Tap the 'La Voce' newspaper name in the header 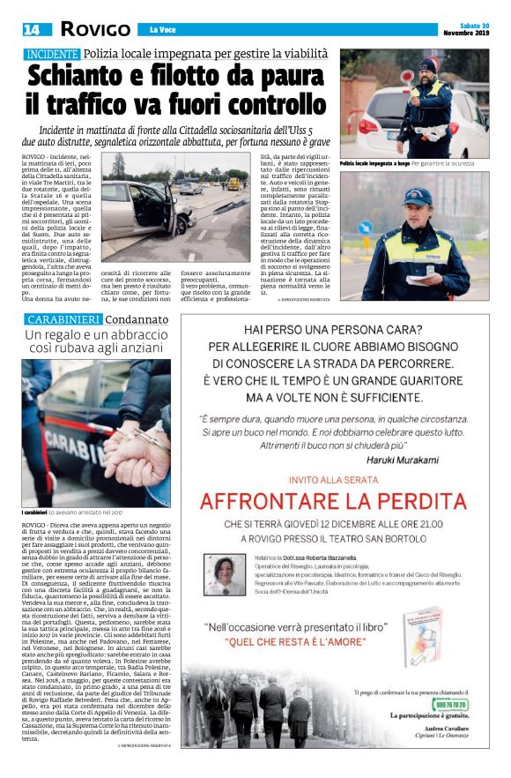coord(162,30)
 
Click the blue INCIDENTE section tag coord(52,55)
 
